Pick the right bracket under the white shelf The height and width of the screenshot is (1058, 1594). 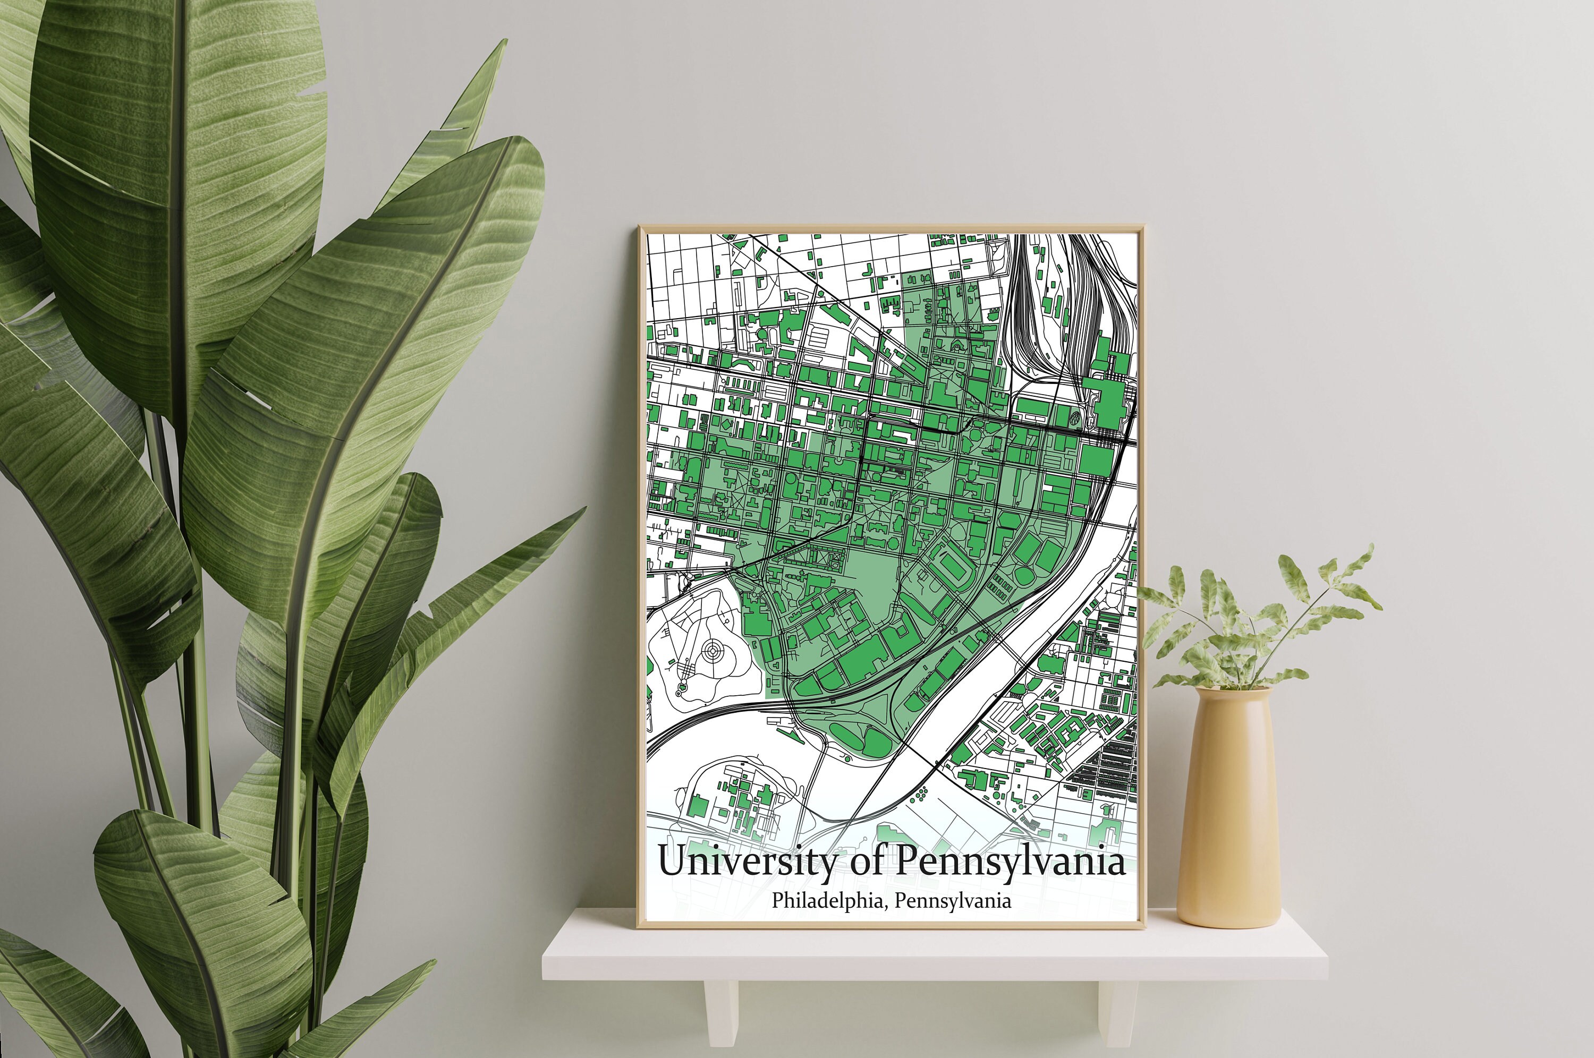[x=1117, y=1012]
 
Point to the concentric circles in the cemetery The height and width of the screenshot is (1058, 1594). [x=711, y=651]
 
